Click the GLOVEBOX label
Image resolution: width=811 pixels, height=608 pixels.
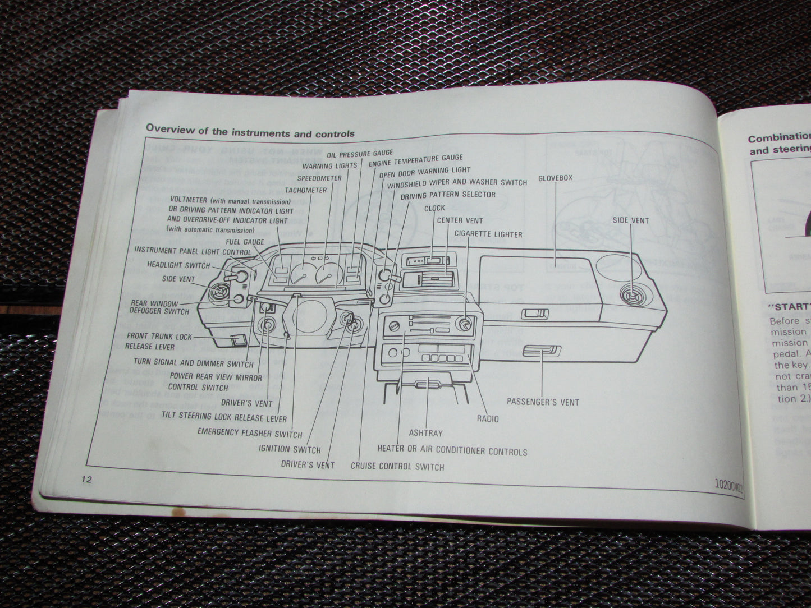pos(555,178)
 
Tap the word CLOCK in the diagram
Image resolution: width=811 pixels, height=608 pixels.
pos(434,208)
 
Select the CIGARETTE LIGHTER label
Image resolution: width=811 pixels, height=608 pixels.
pos(488,234)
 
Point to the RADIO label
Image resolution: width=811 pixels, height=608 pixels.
pos(487,418)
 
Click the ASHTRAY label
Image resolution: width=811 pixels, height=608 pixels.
pos(425,433)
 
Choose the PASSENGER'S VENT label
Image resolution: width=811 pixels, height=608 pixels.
pos(543,402)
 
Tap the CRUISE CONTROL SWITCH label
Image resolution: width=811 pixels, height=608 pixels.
pos(397,466)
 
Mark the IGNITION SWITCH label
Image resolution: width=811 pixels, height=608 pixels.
pos(290,449)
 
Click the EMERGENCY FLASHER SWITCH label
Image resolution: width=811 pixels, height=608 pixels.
pos(250,433)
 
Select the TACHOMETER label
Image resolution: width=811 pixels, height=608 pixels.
pos(305,190)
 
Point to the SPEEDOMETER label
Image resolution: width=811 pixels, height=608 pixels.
pos(319,178)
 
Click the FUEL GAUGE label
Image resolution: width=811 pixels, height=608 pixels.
pos(245,242)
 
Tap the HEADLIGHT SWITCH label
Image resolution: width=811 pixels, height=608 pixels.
pos(178,265)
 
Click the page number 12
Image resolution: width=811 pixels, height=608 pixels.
pos(86,479)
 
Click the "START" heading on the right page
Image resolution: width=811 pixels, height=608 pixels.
pos(789,307)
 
